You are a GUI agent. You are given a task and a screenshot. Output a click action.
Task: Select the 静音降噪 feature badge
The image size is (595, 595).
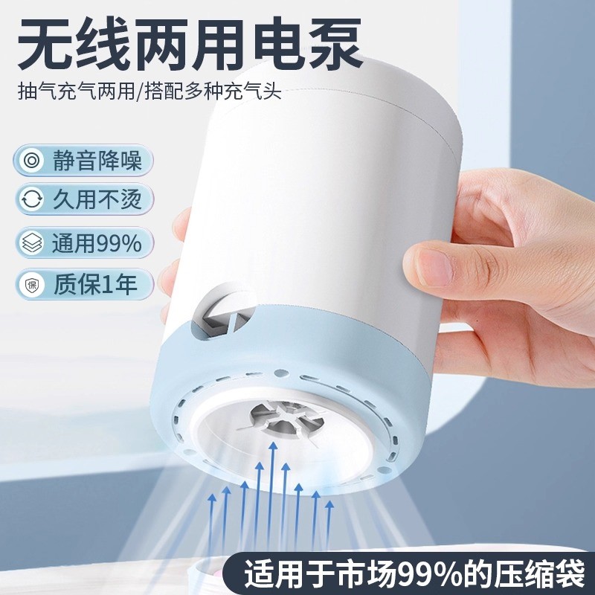(x=83, y=160)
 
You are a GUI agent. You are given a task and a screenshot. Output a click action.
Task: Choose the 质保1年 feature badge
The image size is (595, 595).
(x=83, y=285)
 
